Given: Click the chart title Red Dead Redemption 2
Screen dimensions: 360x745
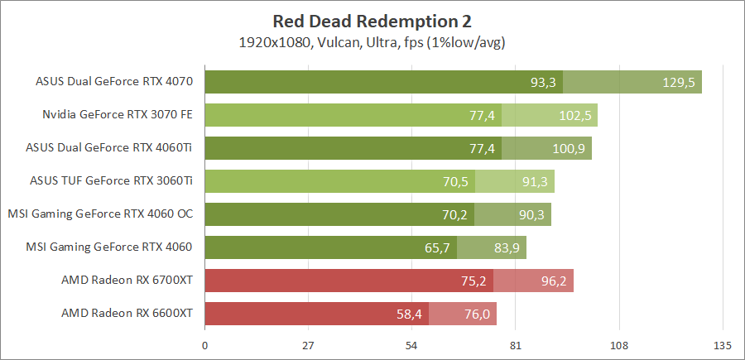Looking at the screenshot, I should pos(372,21).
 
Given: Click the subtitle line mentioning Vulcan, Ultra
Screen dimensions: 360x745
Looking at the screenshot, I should pos(372,41).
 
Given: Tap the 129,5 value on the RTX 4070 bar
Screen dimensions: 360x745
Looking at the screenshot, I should pos(679,82).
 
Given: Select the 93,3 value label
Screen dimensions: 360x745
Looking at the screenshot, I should pos(543,82).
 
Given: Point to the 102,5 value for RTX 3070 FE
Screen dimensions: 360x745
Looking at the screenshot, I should pos(574,115).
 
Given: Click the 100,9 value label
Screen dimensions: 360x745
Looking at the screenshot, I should pos(569,148).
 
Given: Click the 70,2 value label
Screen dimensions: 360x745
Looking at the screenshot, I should pos(454,214).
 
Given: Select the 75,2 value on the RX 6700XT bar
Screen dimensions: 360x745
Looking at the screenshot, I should pos(473,281).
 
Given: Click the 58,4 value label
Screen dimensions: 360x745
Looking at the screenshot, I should pos(409,314).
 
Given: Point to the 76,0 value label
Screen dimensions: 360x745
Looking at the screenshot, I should pos(473,314).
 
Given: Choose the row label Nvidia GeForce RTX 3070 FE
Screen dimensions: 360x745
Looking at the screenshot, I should pos(118,114).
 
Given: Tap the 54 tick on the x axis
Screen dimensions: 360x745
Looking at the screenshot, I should pos(411,344).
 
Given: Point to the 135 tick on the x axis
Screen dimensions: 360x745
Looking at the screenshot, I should pos(722,344).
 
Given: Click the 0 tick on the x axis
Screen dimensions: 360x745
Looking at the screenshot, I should pos(204,344).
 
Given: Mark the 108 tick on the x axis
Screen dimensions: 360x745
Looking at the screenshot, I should pos(618,344).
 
